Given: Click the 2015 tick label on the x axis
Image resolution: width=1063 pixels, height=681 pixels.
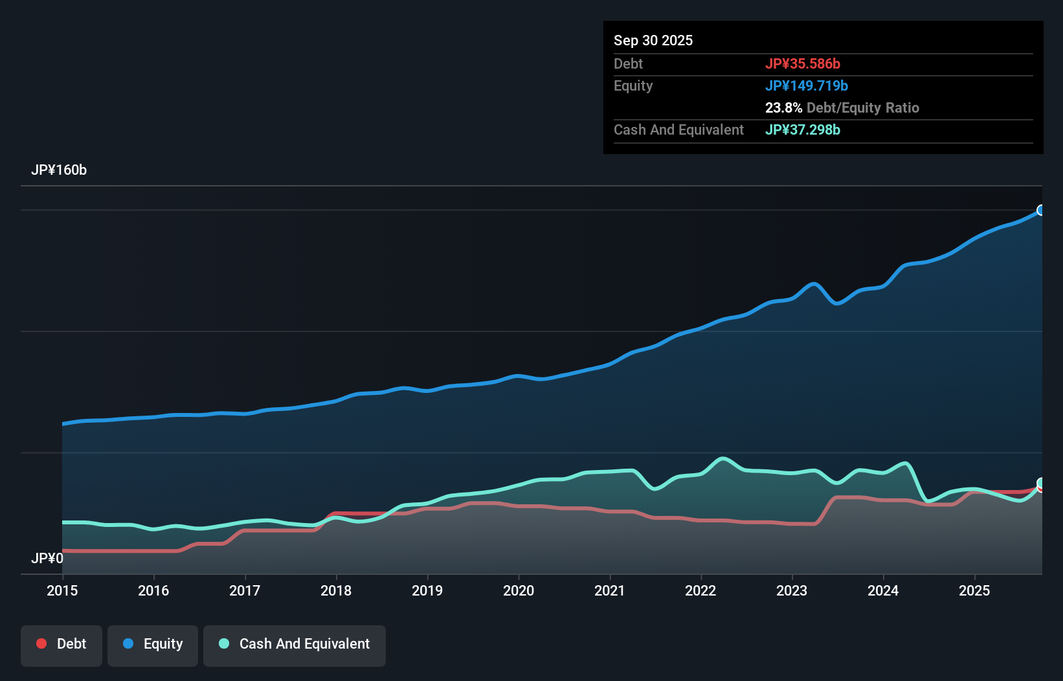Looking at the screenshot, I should [62, 590].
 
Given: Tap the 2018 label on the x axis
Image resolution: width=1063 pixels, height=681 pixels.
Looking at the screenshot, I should [336, 590].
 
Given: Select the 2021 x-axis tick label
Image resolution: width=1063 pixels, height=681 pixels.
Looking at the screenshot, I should [610, 590].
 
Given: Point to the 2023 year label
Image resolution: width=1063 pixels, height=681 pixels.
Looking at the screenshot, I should [792, 590].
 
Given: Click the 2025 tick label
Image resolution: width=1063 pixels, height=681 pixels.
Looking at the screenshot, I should [974, 590].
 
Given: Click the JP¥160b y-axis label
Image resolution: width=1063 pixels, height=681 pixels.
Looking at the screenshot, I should [59, 170].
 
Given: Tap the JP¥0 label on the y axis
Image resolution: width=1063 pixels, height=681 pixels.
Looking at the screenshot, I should [47, 558].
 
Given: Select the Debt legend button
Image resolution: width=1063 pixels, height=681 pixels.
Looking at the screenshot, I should [62, 644].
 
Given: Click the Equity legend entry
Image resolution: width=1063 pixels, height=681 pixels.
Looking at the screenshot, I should [153, 644].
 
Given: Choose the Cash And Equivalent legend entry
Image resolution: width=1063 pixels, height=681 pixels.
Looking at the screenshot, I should [295, 644].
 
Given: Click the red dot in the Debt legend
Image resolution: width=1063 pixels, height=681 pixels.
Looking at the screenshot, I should [41, 643].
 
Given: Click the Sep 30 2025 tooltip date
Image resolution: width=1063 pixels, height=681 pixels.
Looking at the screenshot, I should [653, 41].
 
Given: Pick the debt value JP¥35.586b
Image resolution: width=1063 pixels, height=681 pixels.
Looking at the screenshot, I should [803, 64].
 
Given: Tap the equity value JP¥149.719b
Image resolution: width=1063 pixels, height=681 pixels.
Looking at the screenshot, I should [807, 86].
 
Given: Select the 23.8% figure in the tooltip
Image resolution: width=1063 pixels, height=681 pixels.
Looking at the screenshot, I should [783, 108].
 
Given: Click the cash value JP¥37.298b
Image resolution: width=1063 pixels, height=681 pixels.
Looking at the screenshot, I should [803, 130].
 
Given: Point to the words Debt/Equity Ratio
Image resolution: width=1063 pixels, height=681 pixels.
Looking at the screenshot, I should [863, 108].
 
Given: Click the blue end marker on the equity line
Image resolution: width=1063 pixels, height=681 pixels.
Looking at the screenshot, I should [1041, 210].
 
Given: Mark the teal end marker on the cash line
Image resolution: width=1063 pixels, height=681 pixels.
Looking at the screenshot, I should [1041, 483].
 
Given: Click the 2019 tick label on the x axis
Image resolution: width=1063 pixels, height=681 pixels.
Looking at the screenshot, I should [427, 590].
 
